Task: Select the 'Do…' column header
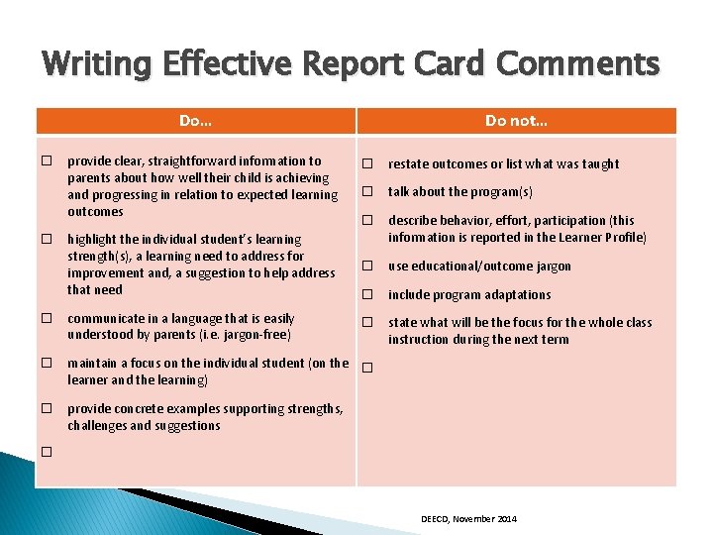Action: (x=195, y=121)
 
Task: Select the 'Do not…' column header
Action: (x=516, y=121)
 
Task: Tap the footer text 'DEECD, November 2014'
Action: (x=468, y=519)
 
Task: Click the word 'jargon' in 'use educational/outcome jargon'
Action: (x=552, y=267)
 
